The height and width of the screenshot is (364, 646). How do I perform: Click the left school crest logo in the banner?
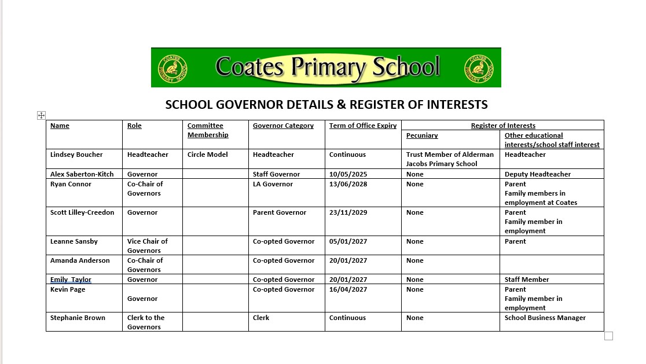coord(172,68)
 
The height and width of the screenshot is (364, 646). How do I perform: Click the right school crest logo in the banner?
coord(479,68)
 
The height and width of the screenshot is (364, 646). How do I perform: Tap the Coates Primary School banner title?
coord(328,67)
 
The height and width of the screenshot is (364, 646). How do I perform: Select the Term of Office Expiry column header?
coord(363,126)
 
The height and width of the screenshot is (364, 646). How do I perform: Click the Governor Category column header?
coord(283,126)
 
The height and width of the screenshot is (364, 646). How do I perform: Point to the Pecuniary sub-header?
coord(422,135)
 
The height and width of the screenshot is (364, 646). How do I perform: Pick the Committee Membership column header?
coord(208,130)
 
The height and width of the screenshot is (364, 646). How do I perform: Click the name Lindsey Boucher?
coord(76,155)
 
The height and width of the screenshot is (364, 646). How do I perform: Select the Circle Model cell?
coord(208,155)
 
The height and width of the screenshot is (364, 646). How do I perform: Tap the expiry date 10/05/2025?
coord(348,174)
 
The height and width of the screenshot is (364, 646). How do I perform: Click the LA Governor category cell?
coord(273,184)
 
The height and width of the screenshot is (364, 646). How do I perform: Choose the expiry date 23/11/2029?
coord(348,212)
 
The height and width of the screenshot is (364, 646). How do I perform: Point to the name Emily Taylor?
coord(71,280)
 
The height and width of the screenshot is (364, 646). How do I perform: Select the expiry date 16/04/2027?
coord(348,289)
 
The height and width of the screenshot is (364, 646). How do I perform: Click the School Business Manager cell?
coord(545,318)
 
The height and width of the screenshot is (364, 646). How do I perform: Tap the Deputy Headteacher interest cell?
coord(537,174)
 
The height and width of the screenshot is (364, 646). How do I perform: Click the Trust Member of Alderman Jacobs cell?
coord(450,159)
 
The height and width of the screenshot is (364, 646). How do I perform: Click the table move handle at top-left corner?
coord(41,115)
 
